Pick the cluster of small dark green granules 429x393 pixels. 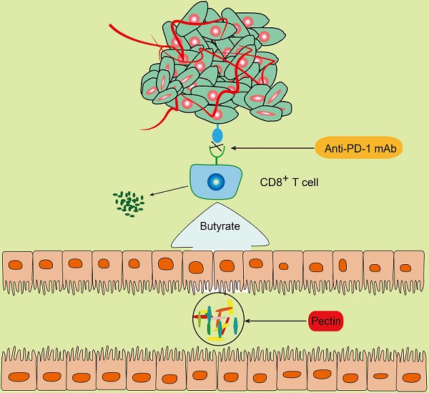[x=129, y=201]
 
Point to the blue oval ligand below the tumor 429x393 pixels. [x=219, y=134]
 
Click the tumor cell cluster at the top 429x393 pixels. [x=207, y=64]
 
